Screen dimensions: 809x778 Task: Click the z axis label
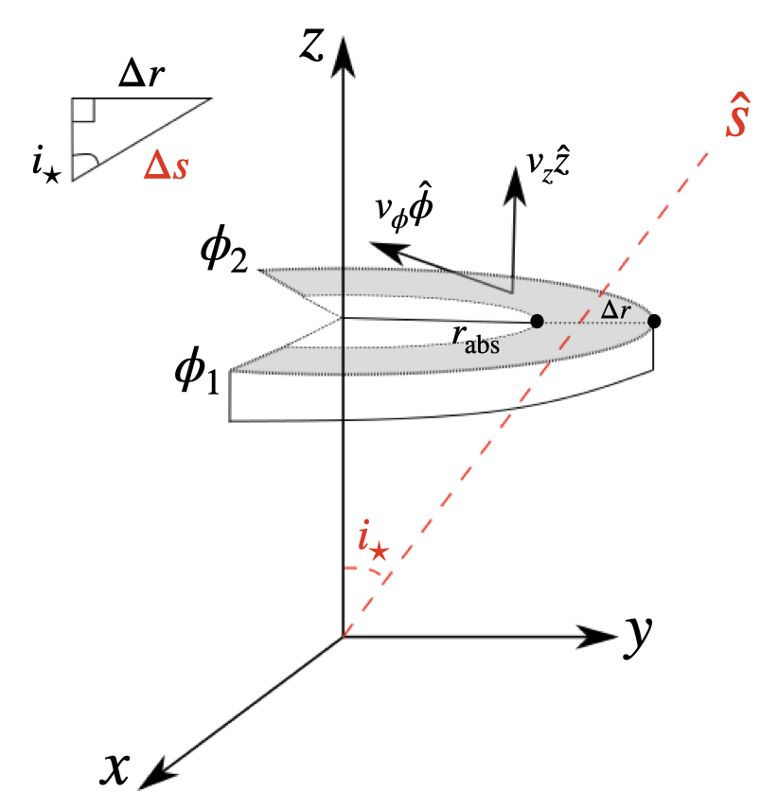(x=312, y=44)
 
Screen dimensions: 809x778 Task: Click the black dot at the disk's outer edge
(x=654, y=322)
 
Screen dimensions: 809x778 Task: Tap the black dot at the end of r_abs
(x=537, y=322)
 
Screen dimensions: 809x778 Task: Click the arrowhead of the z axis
(x=342, y=57)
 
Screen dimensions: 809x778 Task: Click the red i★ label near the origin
(x=373, y=544)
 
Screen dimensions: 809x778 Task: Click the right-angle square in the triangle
(x=82, y=111)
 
